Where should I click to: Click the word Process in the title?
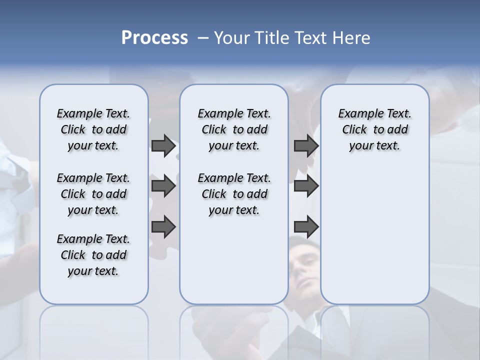pos(154,38)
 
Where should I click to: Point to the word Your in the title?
pos(232,38)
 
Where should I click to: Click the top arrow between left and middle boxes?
pos(163,145)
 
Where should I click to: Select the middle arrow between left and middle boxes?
pos(163,186)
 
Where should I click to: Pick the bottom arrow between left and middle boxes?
pos(163,227)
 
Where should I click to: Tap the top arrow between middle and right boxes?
pos(306,145)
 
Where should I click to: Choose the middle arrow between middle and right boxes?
pos(306,186)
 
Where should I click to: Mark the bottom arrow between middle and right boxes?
pos(306,227)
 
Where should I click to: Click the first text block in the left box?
pos(93,129)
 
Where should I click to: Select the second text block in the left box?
pos(93,194)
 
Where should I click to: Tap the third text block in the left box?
pos(93,255)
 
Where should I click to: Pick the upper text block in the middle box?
pos(234,129)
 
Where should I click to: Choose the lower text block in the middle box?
pos(234,194)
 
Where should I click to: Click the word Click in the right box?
pos(354,130)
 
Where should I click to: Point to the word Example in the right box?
pos(357,114)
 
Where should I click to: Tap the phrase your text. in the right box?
pos(374,146)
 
